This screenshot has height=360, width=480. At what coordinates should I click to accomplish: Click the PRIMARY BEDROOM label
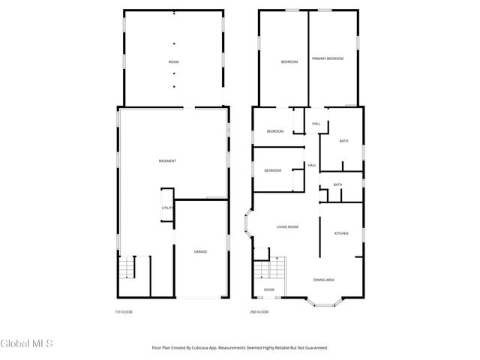click(328, 58)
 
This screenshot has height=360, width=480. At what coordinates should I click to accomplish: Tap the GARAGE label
click(201, 251)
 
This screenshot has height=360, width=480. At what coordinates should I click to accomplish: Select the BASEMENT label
click(167, 161)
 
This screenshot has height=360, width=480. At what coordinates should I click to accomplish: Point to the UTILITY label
click(167, 208)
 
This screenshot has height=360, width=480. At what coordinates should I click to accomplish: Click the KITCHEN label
click(341, 233)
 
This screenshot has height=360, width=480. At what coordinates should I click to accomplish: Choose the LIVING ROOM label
click(288, 226)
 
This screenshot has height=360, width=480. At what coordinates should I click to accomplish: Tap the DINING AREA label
click(324, 280)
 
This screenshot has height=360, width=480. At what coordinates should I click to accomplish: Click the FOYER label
click(268, 289)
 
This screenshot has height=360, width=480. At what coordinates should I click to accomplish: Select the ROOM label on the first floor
click(173, 61)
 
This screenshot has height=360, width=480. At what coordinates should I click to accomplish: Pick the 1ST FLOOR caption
click(124, 312)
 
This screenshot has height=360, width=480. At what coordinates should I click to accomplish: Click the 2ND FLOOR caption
click(259, 312)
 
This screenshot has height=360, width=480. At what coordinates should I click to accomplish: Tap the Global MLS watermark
click(26, 344)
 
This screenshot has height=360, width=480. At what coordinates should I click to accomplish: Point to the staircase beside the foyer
click(271, 269)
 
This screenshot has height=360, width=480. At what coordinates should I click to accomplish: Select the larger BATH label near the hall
click(343, 141)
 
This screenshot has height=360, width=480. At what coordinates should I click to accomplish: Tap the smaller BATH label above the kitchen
click(337, 184)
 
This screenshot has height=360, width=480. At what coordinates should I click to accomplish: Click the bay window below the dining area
click(325, 302)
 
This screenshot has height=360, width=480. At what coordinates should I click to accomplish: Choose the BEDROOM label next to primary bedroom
click(289, 61)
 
